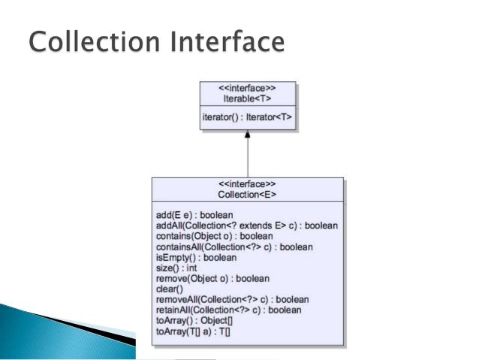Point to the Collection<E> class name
click(x=247, y=195)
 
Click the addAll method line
click(x=246, y=225)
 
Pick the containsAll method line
click(x=233, y=247)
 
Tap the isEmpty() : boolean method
click(x=196, y=257)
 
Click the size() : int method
click(x=176, y=268)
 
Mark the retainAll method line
click(x=228, y=310)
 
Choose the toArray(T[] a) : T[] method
click(x=192, y=331)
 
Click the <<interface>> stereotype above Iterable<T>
click(x=247, y=89)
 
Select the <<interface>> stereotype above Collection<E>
click(x=247, y=184)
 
